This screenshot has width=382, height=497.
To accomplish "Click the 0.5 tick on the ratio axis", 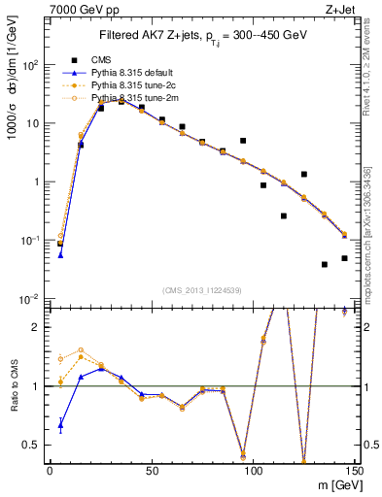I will pos(34,446).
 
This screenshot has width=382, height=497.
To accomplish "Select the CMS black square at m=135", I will pos(325,264).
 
